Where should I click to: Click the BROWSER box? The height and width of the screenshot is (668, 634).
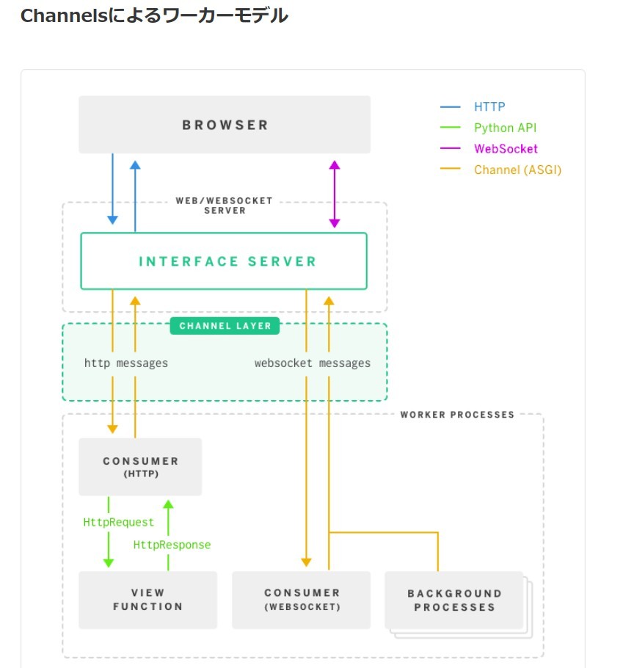point(225,125)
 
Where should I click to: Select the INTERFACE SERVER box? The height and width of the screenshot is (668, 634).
point(224,261)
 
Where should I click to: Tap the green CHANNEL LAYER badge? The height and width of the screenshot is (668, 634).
point(225,326)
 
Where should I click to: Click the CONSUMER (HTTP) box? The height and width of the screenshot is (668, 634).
point(140,467)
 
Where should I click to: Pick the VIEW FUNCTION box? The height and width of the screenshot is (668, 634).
point(147,600)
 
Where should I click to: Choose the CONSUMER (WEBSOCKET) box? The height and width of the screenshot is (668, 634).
point(302,600)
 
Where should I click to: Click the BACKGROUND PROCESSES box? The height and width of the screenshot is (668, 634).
point(454,600)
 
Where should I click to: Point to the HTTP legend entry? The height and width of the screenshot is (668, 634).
point(489,107)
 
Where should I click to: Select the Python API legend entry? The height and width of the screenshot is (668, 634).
point(505,128)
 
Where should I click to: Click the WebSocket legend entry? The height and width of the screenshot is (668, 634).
point(505,149)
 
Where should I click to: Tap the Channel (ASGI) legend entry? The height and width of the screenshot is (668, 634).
point(517,170)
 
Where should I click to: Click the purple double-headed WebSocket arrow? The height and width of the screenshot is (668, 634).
point(335,194)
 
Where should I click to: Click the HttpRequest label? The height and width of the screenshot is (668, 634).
point(119,523)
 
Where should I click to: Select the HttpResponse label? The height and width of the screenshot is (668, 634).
point(172,545)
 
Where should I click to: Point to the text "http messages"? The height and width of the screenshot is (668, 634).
point(125,363)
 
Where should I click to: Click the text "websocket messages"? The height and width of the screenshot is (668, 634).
point(313,363)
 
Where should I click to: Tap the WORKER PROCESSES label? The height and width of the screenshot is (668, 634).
point(457,415)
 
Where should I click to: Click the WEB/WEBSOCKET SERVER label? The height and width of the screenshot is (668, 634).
point(225,205)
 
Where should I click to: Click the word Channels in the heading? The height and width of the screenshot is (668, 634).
point(64,15)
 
